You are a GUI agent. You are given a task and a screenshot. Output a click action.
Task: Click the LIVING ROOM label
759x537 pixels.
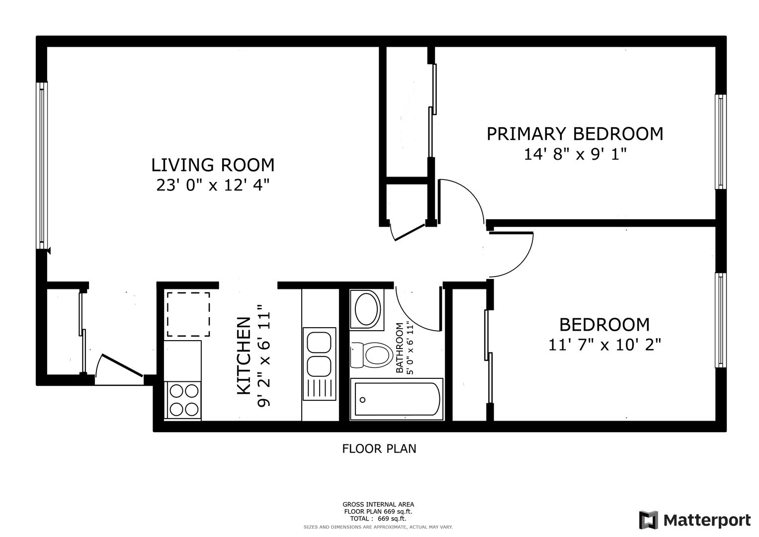click(212, 165)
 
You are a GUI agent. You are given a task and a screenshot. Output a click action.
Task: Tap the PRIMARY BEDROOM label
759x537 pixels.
click(575, 134)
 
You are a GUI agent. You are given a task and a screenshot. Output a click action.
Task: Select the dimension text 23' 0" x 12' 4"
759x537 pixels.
click(212, 185)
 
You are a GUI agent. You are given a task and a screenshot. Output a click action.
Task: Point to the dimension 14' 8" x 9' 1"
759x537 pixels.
click(575, 154)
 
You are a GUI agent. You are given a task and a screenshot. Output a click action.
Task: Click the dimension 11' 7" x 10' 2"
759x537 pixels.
click(604, 345)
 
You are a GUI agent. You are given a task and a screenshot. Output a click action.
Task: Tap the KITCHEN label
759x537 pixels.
click(244, 356)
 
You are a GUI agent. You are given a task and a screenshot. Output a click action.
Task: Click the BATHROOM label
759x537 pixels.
click(400, 348)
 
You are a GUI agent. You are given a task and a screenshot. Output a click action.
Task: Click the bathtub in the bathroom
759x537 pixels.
click(397, 399)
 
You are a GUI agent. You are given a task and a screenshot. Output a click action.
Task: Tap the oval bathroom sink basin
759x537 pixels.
click(366, 309)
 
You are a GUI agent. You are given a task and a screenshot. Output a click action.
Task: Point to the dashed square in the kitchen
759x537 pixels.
click(188, 314)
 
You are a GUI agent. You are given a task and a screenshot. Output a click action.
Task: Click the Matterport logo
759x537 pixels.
click(695, 520)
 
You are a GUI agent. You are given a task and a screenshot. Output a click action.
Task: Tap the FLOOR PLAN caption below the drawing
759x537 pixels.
click(379, 449)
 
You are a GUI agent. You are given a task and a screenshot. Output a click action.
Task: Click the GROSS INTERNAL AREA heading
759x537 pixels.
click(378, 505)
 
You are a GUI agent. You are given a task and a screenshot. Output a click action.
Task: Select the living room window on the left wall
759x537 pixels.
click(42, 166)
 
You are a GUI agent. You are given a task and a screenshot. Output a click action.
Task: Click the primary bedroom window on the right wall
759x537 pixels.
click(720, 142)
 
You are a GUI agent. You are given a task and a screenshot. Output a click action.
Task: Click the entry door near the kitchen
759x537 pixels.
click(122, 365)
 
